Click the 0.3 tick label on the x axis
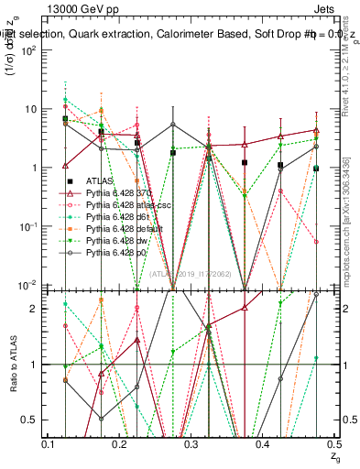pos(191,444)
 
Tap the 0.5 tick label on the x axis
pos(331,444)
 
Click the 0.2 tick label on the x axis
pos(120,444)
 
